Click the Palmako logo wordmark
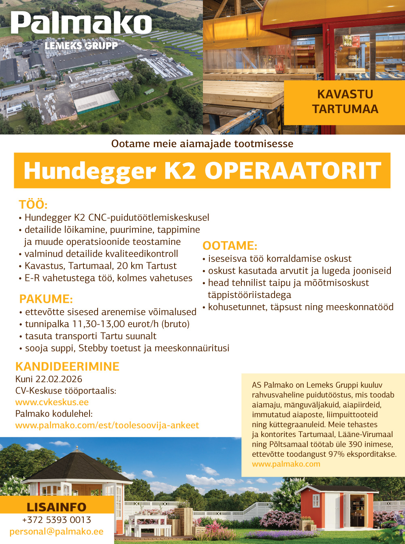click(81, 24)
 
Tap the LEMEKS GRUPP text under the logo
click(81, 45)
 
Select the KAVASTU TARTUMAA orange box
click(345, 102)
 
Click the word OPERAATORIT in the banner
click(293, 171)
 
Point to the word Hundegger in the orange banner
click(90, 171)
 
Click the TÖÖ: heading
click(33, 204)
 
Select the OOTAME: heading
click(230, 246)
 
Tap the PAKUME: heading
click(46, 299)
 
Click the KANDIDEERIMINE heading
click(67, 366)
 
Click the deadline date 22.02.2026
click(59, 379)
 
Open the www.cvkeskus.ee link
click(52, 402)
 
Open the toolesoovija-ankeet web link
click(107, 425)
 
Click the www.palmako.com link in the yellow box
click(286, 464)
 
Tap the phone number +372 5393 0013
click(56, 520)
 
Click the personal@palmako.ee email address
click(56, 531)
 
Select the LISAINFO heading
click(56, 507)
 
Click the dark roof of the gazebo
click(77, 466)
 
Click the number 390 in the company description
click(355, 444)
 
